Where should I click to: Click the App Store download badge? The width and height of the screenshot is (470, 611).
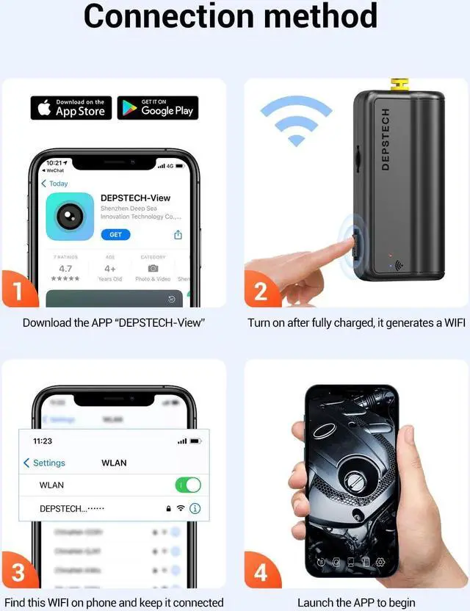(x=70, y=108)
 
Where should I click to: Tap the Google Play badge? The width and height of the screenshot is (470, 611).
(x=158, y=108)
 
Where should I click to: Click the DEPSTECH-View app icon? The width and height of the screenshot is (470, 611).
(x=70, y=217)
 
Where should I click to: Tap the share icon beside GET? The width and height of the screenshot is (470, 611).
(x=178, y=235)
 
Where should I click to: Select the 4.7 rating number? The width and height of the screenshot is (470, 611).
(x=65, y=269)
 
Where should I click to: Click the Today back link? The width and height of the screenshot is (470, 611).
(x=54, y=184)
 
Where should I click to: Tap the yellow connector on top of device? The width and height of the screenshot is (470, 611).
(x=400, y=85)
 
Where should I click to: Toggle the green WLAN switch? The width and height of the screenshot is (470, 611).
(x=187, y=485)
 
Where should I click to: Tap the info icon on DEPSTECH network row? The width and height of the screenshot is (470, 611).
(x=195, y=508)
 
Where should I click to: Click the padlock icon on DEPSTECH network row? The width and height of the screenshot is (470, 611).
(x=167, y=508)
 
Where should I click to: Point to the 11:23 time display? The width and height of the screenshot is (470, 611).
(x=43, y=441)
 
